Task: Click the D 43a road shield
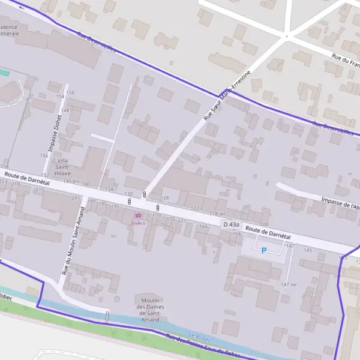click(231, 224)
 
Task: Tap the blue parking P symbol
click(263, 250)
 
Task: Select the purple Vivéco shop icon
click(139, 215)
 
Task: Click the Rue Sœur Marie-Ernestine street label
click(226, 100)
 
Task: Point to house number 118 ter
click(217, 214)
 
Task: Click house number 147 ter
click(289, 284)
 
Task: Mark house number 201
click(76, 197)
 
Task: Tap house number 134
click(109, 190)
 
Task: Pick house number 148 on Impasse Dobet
click(65, 110)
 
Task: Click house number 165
click(203, 226)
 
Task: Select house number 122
click(194, 208)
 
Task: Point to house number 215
click(40, 190)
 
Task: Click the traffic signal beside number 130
click(144, 195)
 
